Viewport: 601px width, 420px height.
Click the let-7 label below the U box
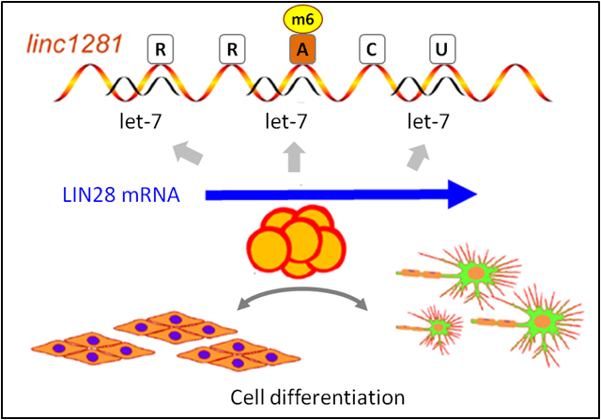pos(428,121)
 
